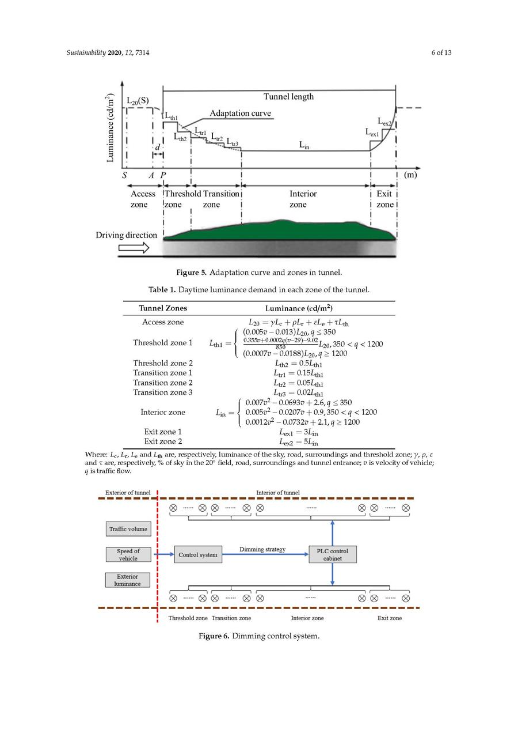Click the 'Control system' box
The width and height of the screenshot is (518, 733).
pos(198,554)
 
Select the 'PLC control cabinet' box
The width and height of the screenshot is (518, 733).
pos(333,554)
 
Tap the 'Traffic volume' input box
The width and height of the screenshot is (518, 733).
pos(128,528)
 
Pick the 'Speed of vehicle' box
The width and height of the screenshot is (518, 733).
pos(128,554)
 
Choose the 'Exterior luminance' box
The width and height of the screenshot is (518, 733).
pos(128,580)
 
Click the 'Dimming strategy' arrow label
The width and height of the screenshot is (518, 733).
pos(262,549)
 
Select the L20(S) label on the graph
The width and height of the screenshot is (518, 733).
pos(138,100)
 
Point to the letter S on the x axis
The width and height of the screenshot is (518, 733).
pos(124,175)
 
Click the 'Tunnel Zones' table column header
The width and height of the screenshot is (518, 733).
pos(163,308)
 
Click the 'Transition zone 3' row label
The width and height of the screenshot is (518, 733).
pos(163,392)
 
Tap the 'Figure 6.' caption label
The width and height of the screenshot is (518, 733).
pos(214,636)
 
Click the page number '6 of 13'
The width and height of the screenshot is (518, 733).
pos(441,53)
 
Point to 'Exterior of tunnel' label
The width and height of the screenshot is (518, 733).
pos(128,493)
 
